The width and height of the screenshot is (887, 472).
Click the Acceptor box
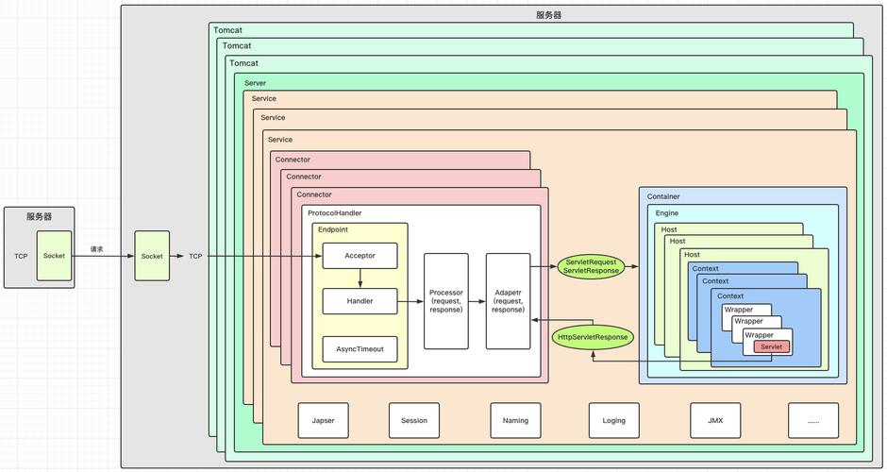(360, 256)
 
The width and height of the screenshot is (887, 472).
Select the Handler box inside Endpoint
(360, 301)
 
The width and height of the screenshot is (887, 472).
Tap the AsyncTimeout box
(360, 348)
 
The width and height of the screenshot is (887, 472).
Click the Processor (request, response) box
(445, 301)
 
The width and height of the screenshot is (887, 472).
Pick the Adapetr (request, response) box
(508, 301)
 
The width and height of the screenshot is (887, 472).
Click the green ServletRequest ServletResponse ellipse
(592, 266)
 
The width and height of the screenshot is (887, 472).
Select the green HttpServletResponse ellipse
(592, 336)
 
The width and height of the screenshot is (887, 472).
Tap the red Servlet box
(771, 346)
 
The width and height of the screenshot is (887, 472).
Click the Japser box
(323, 420)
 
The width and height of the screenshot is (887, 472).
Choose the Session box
(414, 420)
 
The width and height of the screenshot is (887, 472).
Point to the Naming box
(515, 420)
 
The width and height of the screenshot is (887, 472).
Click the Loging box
(614, 420)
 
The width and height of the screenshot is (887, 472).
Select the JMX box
(714, 420)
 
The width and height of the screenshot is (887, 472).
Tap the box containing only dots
(813, 420)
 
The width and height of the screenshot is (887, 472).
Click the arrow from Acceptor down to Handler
(360, 278)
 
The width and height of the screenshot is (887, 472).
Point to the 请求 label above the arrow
(97, 249)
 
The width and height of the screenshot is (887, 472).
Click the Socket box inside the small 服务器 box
(54, 256)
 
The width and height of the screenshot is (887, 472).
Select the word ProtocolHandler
(334, 213)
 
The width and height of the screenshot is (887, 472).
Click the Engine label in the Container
(667, 213)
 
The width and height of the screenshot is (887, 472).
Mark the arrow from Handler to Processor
(410, 301)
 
